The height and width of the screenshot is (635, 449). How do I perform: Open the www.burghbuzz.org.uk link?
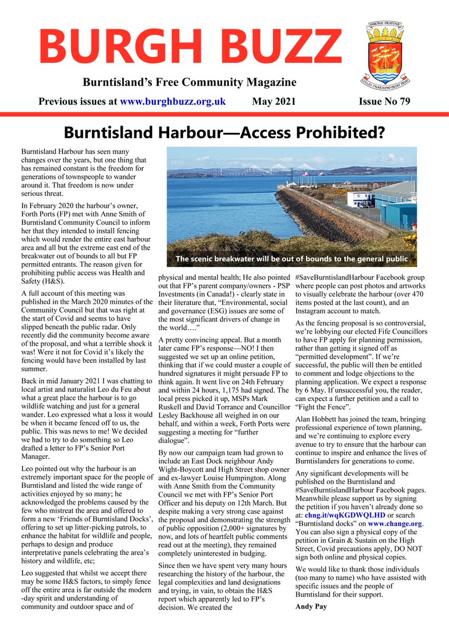coord(173,101)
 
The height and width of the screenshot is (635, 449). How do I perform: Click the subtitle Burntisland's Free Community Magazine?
coord(189,83)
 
